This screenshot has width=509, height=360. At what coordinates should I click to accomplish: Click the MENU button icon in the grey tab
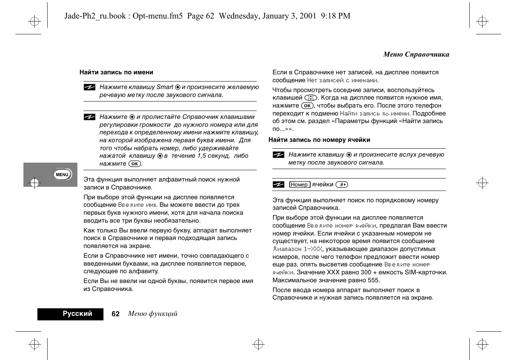tap(62, 174)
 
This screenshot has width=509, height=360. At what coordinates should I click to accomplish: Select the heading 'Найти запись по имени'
tap(116, 72)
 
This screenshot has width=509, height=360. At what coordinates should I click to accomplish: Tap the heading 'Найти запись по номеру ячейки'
tap(319, 140)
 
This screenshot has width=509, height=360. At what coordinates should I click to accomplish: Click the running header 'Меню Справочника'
tap(416, 54)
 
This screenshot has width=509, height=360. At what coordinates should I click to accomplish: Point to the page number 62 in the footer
tap(116, 314)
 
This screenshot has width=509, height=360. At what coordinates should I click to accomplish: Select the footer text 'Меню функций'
tap(153, 314)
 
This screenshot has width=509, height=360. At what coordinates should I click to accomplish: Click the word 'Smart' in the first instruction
tap(165, 87)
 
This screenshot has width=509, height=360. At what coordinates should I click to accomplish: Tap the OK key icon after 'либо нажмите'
tap(134, 164)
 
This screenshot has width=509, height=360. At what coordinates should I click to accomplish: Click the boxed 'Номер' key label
tap(299, 185)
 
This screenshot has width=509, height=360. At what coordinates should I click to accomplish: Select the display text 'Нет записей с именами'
tap(342, 80)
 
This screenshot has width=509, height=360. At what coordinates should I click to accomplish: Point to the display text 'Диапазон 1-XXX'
tap(298, 249)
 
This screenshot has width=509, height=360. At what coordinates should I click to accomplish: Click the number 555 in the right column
tap(373, 280)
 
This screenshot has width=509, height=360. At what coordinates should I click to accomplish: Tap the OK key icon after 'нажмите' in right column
tap(307, 106)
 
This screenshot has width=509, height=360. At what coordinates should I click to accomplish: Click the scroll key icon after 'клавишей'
tap(311, 98)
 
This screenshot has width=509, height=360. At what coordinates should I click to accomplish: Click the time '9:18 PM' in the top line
tap(335, 16)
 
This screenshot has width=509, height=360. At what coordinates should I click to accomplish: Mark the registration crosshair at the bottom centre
tap(258, 344)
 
